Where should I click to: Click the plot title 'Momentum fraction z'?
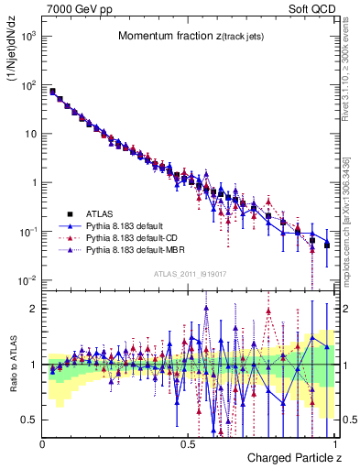pyautogui.click(x=174, y=36)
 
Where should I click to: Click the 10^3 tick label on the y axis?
pyautogui.click(x=28, y=36)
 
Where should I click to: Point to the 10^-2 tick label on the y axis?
pyautogui.click(x=28, y=280)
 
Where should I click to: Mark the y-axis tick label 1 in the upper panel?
pyautogui.click(x=34, y=182)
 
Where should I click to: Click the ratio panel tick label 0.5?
pyautogui.click(x=29, y=420)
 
